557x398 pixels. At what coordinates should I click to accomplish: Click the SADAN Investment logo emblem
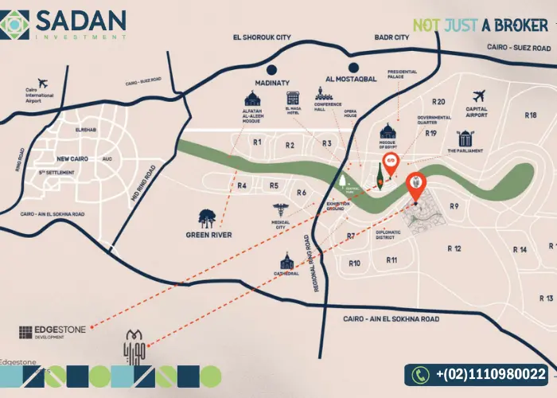[x=16, y=24]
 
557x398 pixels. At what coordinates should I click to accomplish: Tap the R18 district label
[x=531, y=115]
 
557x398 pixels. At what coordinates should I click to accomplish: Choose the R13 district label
[x=546, y=298]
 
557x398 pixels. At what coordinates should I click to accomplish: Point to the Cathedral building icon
[x=287, y=259]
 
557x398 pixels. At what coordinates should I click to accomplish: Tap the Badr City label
[x=391, y=37]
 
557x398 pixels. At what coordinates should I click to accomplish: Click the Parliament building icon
[x=465, y=136]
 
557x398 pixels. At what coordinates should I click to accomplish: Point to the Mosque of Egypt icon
[x=388, y=131]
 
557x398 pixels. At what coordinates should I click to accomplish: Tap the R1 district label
[x=256, y=143]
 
